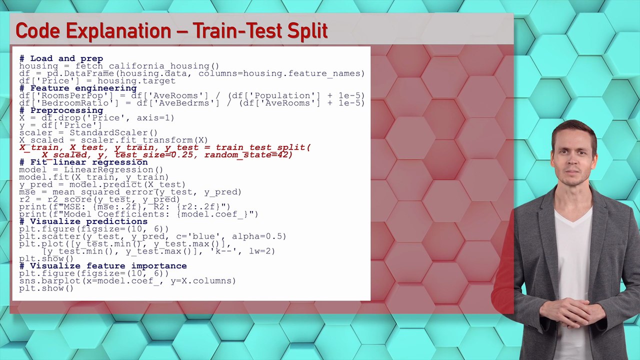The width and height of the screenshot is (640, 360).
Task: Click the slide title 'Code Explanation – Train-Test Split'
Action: (x=171, y=31)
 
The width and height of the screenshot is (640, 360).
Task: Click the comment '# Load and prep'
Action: (x=61, y=58)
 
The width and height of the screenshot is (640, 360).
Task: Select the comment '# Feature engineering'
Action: (x=77, y=88)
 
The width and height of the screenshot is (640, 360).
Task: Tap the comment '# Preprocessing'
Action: (x=61, y=110)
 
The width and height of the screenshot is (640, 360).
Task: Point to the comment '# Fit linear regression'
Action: (x=83, y=162)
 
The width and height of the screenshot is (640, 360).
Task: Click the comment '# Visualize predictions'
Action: (x=83, y=221)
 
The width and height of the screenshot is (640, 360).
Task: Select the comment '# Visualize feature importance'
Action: (x=102, y=266)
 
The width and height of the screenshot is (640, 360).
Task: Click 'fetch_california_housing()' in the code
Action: (x=147, y=66)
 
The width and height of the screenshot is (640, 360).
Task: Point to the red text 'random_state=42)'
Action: (x=248, y=155)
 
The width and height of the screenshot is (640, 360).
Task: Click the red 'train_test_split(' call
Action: (x=263, y=147)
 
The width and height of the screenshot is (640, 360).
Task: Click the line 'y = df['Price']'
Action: (x=60, y=125)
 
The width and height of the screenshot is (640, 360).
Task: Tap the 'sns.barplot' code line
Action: (x=127, y=281)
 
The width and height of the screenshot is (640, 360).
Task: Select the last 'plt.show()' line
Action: (x=46, y=288)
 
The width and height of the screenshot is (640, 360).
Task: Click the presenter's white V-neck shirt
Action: (x=573, y=250)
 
